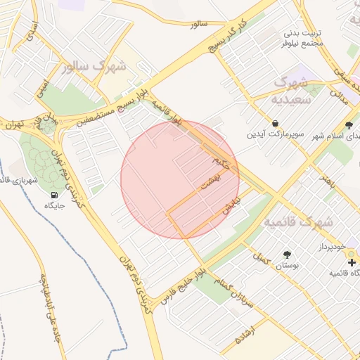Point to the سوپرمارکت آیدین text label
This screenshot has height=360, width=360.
point(275,134)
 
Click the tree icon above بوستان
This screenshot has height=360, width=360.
point(286,255)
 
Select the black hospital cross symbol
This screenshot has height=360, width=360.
point(352,262)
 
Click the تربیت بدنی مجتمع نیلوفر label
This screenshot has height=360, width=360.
point(302,38)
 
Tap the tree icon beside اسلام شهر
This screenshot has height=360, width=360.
point(349,124)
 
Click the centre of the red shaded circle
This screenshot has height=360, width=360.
point(180,180)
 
